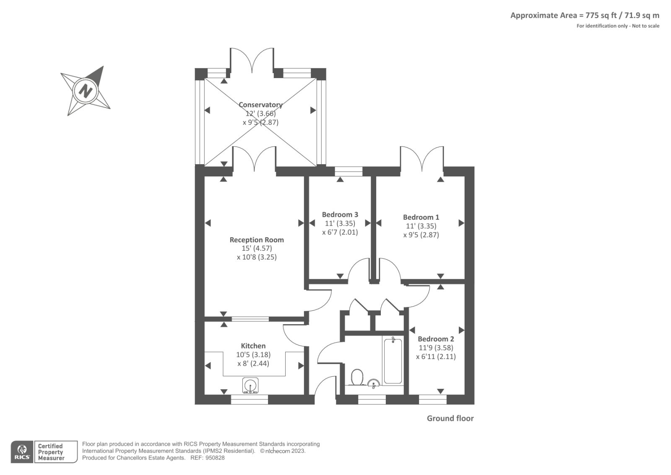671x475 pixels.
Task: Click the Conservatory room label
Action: pos(260,105)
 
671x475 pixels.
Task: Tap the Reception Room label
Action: pos(257,240)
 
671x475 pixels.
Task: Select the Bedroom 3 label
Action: pos(340,215)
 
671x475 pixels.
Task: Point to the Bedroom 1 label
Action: pos(421,217)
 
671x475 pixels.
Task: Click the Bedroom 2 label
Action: pos(436,339)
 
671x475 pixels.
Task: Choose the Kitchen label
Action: pos(253,346)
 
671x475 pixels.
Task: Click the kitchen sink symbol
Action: pos(250,385)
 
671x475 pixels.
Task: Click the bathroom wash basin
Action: pos(374,383)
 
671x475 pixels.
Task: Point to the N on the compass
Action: pos(86,90)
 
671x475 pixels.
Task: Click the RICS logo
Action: pos(22,452)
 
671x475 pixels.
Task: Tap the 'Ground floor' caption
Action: pos(450,418)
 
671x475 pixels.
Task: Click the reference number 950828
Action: pos(215,458)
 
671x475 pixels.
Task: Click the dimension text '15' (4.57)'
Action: pos(257,249)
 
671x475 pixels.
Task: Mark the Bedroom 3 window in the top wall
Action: pos(349,171)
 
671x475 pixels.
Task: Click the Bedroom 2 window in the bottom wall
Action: pos(432,400)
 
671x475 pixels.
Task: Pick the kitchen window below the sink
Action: pos(249,400)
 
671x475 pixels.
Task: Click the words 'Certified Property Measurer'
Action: pos(51,452)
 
